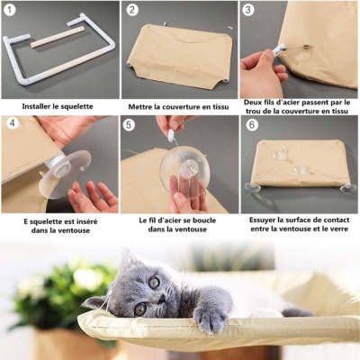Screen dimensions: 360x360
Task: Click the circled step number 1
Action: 11,10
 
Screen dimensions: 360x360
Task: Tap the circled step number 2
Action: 132,10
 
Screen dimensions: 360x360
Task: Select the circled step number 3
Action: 247,10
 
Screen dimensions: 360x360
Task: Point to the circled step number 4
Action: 13,123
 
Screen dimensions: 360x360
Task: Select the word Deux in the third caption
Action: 252,103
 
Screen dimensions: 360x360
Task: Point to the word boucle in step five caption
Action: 205,220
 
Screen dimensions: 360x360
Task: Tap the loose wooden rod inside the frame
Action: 58,37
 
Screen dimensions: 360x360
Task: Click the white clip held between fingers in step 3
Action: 279,49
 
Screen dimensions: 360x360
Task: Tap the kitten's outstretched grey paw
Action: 210,318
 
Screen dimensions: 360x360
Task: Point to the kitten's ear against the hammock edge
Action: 94,302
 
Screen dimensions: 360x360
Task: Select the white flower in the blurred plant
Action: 88,279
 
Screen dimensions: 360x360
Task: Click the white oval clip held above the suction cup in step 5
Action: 171,136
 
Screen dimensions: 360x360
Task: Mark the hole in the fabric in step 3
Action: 308,47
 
